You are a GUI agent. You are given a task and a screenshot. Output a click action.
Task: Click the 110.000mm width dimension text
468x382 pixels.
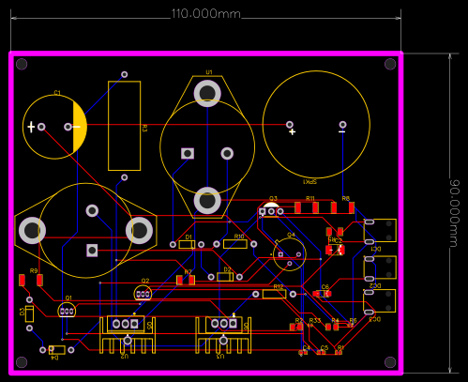pyautogui.click(x=205, y=15)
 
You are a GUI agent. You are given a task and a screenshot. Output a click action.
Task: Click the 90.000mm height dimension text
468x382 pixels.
pyautogui.click(x=455, y=212)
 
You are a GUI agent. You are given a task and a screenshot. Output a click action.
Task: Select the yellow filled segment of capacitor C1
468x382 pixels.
pyautogui.click(x=80, y=126)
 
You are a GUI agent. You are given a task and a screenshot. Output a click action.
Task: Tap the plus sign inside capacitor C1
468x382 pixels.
pyautogui.click(x=31, y=127)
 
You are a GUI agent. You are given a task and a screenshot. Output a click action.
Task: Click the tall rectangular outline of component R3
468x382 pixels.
pyautogui.click(x=125, y=126)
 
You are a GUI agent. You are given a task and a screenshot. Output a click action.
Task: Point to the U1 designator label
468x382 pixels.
pyautogui.click(x=209, y=72)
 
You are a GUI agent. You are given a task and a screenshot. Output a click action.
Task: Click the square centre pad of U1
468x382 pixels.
pyautogui.click(x=188, y=153)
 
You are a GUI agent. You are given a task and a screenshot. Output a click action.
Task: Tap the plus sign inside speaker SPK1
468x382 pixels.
pyautogui.click(x=292, y=132)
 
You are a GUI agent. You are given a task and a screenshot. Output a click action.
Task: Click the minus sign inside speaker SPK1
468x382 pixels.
pyautogui.click(x=340, y=132)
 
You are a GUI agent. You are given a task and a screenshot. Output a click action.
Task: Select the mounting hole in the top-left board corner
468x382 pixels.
pyautogui.click(x=22, y=64)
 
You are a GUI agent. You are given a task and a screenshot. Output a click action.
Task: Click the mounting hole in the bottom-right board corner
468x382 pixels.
pyautogui.click(x=390, y=362)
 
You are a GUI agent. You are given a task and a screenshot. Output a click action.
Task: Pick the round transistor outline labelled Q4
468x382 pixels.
pyautogui.click(x=290, y=252)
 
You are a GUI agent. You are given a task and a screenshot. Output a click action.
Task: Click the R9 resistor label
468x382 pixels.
pyautogui.click(x=34, y=270)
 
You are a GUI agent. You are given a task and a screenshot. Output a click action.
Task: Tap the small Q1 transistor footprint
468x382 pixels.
pyautogui.click(x=66, y=310)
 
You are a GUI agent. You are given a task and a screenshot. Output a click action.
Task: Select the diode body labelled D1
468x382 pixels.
pyautogui.click(x=188, y=245)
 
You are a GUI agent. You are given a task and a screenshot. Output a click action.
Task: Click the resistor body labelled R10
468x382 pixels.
pyautogui.click(x=235, y=244)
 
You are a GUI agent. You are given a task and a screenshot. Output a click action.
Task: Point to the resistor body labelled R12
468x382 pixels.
pyautogui.click(x=274, y=294)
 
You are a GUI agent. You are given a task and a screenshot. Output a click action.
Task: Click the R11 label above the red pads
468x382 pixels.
pyautogui.click(x=310, y=199)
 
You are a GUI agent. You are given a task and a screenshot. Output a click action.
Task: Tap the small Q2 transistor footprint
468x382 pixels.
pyautogui.click(x=143, y=294)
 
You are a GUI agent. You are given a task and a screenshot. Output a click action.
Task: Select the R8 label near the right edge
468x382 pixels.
pyautogui.click(x=345, y=199)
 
